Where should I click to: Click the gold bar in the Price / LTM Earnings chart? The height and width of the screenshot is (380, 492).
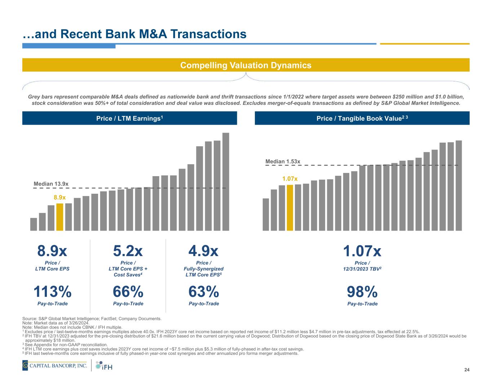point(60,217)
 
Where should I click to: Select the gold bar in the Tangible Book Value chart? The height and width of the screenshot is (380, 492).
point(290,207)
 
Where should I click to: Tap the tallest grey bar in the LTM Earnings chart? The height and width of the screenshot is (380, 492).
point(226,182)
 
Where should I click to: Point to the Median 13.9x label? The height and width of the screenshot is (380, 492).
point(51,184)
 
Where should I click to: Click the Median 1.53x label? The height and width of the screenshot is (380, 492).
point(283,162)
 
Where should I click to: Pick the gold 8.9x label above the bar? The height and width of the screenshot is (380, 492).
point(60,197)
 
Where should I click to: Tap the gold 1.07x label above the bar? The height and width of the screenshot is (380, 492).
point(290,179)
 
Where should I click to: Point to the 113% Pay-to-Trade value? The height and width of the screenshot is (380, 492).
point(53,291)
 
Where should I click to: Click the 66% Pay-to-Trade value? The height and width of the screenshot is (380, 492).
point(128,291)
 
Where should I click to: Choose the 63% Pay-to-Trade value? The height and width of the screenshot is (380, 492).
point(204,291)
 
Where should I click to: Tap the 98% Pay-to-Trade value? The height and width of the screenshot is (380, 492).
point(362,291)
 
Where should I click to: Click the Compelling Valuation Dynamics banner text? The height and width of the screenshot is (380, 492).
point(246,65)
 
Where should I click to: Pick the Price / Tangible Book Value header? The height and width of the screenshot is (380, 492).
point(362,118)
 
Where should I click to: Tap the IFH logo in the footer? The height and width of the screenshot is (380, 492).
point(105,366)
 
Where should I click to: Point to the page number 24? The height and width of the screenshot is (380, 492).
point(467,370)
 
